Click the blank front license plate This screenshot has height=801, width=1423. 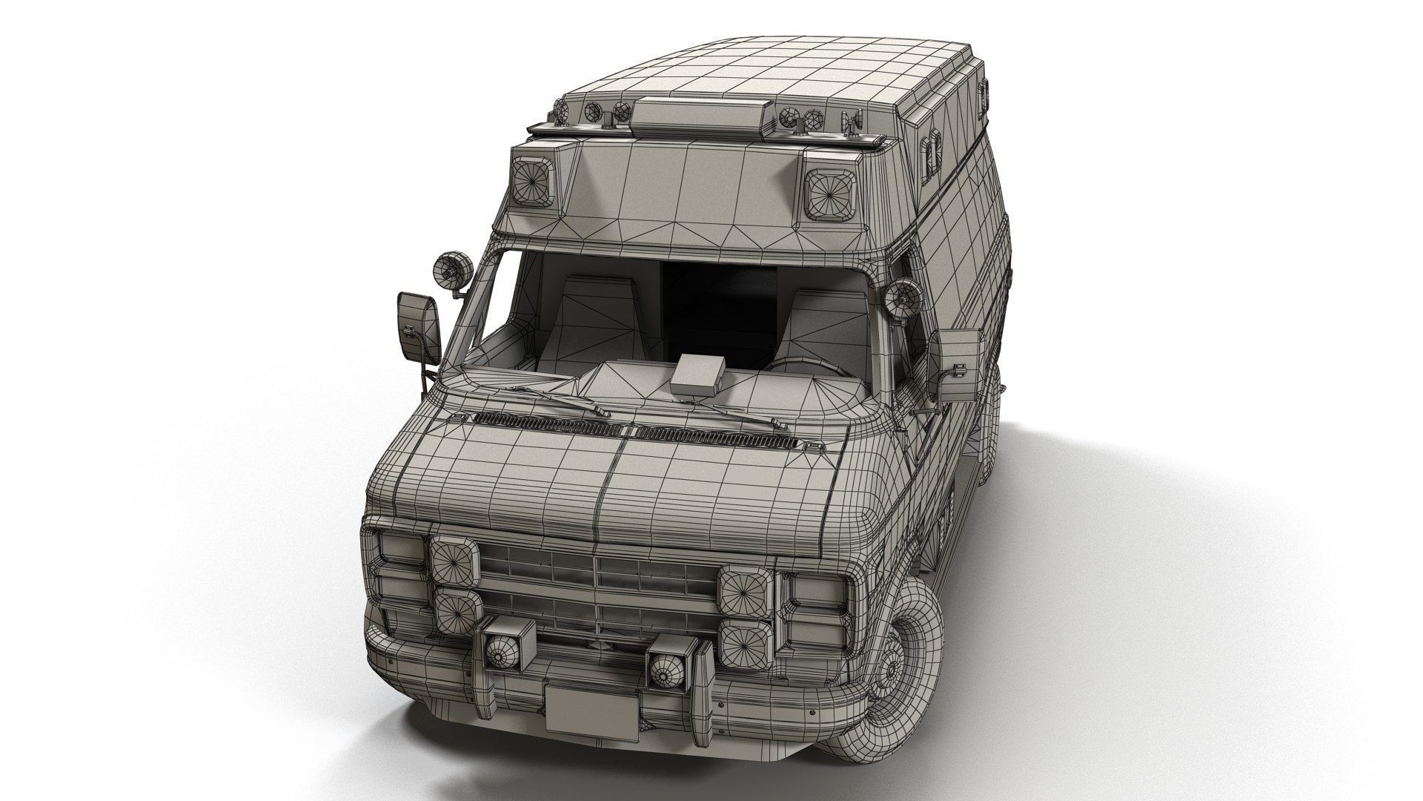(590, 709)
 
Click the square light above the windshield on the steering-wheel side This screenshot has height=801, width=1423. (830, 193)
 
